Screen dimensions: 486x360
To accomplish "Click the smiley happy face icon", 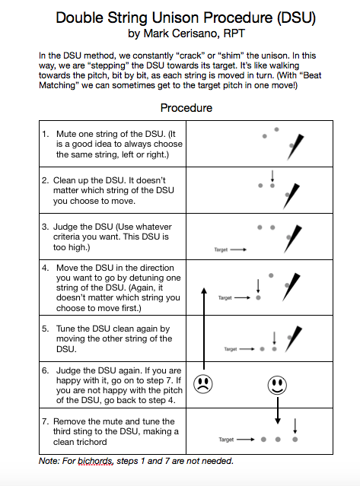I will point(278,384).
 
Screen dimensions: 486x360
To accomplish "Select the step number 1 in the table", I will point(45,134).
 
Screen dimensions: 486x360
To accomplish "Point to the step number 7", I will point(45,421).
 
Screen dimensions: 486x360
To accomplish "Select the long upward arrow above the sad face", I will point(203,327).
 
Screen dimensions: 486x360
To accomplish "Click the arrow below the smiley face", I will point(278,411).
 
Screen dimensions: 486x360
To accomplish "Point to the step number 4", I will point(45,268).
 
